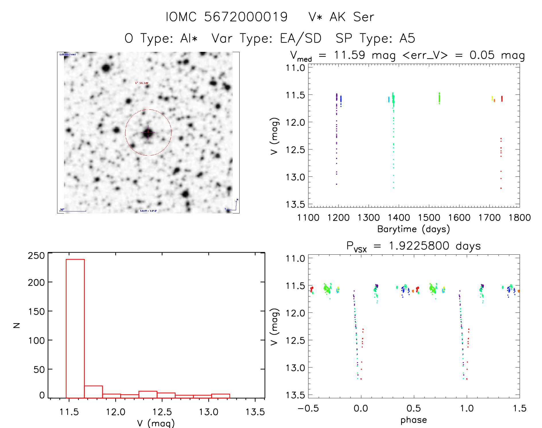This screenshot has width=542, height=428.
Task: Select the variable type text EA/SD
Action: tap(300, 38)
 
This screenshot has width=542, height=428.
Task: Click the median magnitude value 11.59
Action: tap(349, 55)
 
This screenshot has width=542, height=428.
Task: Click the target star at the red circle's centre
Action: tap(148, 132)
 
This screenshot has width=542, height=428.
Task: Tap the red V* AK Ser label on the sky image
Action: tap(142, 83)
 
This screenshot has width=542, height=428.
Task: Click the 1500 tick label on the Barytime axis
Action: tap(429, 218)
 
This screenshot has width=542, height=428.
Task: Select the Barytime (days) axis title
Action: tap(413, 229)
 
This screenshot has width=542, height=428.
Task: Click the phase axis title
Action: tap(413, 420)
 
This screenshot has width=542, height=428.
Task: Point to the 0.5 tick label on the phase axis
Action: tap(414, 409)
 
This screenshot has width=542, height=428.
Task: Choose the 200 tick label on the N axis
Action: tap(36, 282)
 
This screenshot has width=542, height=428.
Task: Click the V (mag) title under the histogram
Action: tap(156, 423)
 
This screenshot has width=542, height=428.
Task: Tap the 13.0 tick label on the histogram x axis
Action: tap(209, 412)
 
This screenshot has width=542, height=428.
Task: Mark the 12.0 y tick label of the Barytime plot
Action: tap(295, 122)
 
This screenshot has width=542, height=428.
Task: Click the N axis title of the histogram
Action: tap(17, 325)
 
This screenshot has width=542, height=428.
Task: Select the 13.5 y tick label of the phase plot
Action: tap(295, 395)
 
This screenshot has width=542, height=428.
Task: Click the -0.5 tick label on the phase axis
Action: tap(308, 409)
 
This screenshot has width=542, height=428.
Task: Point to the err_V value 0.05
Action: tap(482, 55)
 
